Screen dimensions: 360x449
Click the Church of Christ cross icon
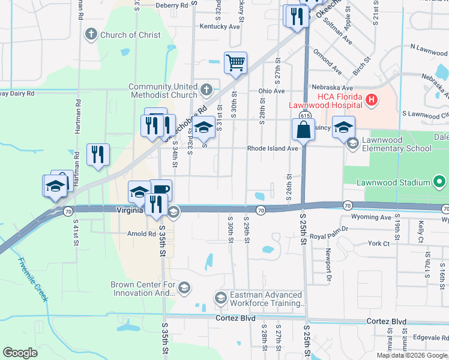click(91, 34)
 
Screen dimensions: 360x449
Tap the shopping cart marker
click(236, 62)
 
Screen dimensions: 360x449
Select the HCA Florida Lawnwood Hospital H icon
click(371, 100)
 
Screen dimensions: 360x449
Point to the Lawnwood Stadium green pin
click(439, 182)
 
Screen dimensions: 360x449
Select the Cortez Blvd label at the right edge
click(387, 322)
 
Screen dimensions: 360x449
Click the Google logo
click(20, 353)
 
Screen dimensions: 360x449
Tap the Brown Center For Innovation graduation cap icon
click(184, 289)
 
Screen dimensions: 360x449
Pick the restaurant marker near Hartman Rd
click(97, 154)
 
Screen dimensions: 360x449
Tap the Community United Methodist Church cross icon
click(206, 91)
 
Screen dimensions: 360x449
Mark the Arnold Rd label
click(141, 234)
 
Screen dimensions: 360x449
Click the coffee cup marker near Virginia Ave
click(161, 191)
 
